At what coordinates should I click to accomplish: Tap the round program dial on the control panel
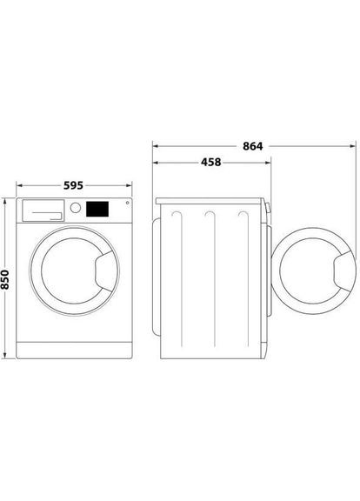(77, 209)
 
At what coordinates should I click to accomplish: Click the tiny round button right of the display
(128, 205)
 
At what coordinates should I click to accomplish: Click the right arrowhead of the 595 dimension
(132, 185)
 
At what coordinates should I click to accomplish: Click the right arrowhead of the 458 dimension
(266, 161)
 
